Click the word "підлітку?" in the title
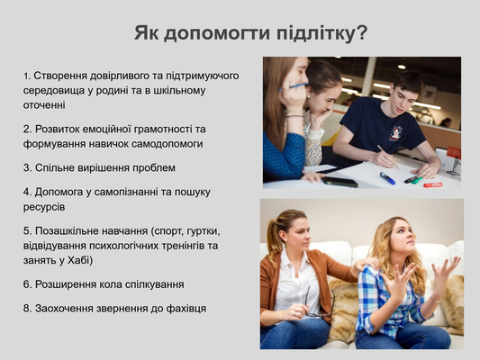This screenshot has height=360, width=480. (x=322, y=33)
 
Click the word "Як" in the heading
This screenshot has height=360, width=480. (x=146, y=32)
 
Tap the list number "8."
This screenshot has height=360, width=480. (x=28, y=309)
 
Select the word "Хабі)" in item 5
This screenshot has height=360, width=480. (x=80, y=260)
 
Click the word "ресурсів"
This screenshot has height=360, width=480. (x=44, y=207)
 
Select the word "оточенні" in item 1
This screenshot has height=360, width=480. (x=44, y=105)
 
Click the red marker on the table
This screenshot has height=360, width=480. (x=433, y=185)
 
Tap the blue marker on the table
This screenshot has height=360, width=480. (x=387, y=178)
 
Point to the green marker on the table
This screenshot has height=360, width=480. (x=417, y=181)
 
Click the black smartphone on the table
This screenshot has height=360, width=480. (x=340, y=182)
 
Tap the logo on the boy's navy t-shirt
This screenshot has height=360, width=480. (x=396, y=133)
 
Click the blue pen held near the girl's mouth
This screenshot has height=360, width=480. (x=294, y=86)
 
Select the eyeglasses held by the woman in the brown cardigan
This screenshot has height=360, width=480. (x=320, y=302)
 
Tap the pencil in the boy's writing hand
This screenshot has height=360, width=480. (x=389, y=157)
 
